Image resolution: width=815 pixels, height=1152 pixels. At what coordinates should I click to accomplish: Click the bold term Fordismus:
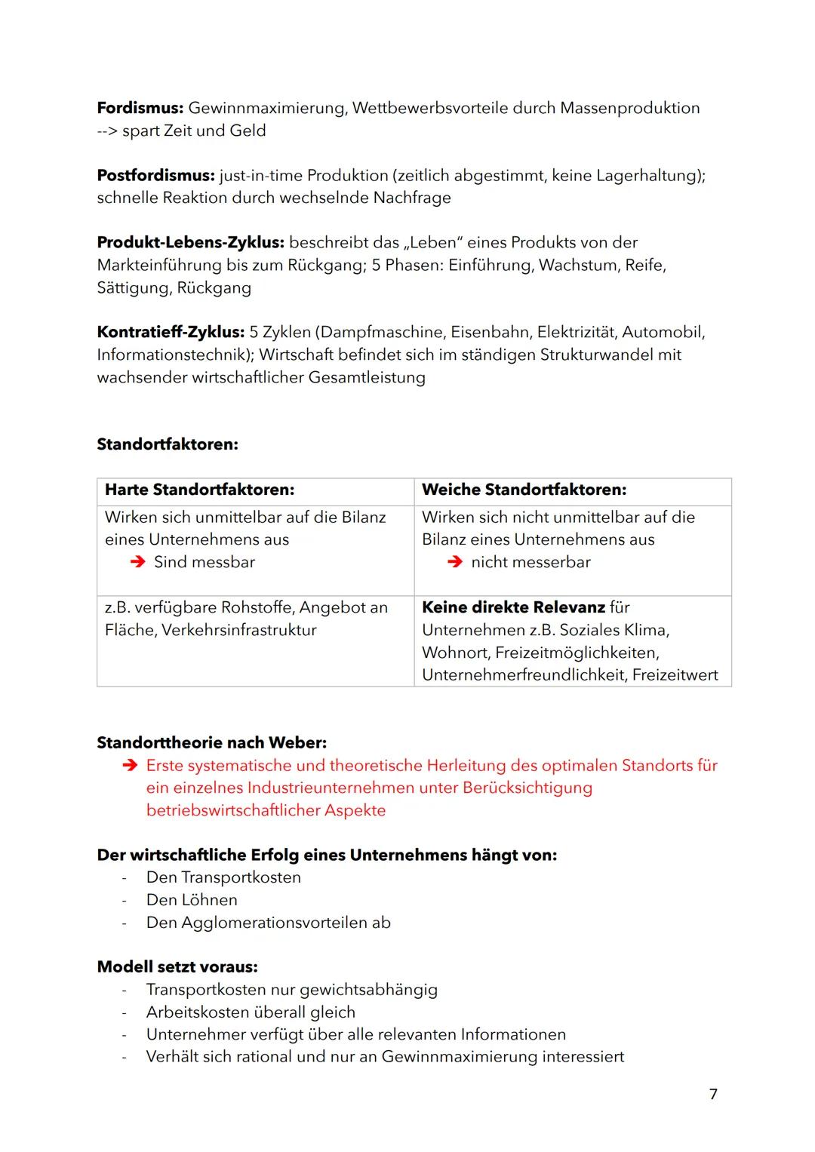(x=140, y=108)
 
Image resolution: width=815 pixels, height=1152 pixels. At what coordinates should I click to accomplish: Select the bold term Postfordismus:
(x=155, y=176)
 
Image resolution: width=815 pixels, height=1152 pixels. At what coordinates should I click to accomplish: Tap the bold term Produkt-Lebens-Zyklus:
(x=190, y=243)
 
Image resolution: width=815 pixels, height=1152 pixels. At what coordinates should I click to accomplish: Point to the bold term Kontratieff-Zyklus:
(x=171, y=333)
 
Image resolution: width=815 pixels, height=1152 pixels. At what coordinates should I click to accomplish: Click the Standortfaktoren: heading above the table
(x=168, y=444)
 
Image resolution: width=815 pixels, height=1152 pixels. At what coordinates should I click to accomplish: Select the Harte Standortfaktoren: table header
(x=199, y=490)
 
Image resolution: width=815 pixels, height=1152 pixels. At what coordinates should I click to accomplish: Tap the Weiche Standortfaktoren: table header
(x=524, y=490)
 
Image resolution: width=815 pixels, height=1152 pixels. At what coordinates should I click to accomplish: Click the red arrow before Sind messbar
(x=137, y=562)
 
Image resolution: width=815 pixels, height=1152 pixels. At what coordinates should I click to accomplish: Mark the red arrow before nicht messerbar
(x=454, y=562)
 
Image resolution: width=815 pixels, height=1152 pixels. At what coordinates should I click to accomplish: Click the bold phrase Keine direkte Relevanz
(x=513, y=607)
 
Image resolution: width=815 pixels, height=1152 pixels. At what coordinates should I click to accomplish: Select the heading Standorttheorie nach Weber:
(x=211, y=743)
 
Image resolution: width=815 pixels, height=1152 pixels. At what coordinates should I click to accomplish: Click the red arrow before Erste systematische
(x=130, y=766)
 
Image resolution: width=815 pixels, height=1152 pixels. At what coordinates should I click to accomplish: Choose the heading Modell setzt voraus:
(x=177, y=967)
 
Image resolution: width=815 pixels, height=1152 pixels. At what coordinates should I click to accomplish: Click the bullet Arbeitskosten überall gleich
(x=251, y=1012)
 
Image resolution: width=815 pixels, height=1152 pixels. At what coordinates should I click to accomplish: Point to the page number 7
(x=713, y=1094)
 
